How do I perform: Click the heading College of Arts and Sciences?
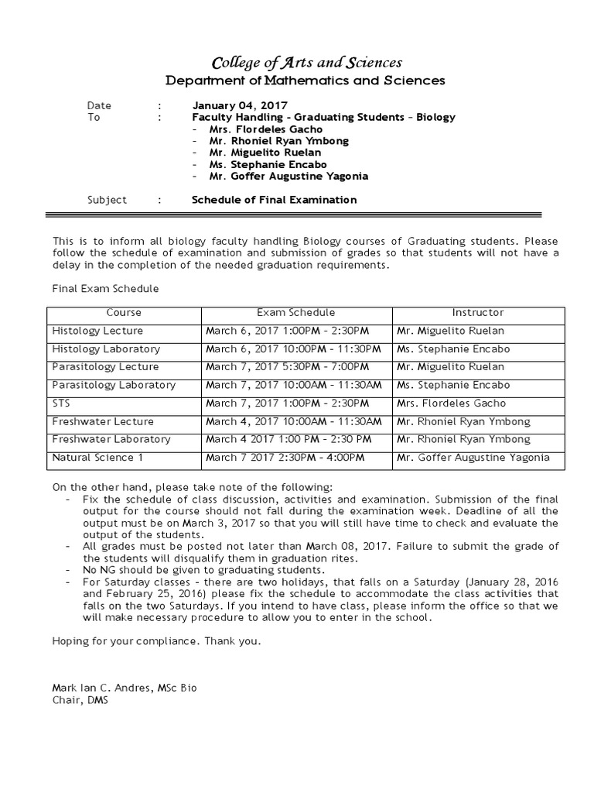(296, 63)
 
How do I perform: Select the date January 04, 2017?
(240, 105)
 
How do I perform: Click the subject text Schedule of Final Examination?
(274, 200)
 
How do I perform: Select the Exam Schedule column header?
(296, 313)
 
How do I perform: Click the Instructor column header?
(477, 313)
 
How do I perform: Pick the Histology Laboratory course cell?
(106, 349)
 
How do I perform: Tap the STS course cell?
(62, 403)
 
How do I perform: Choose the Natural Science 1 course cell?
(97, 458)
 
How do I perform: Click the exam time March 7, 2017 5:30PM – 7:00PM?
(290, 367)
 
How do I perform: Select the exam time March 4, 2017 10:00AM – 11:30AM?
(294, 421)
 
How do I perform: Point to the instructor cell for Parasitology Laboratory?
(453, 385)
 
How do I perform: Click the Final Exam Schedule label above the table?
(104, 289)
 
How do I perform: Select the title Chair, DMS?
(80, 700)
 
